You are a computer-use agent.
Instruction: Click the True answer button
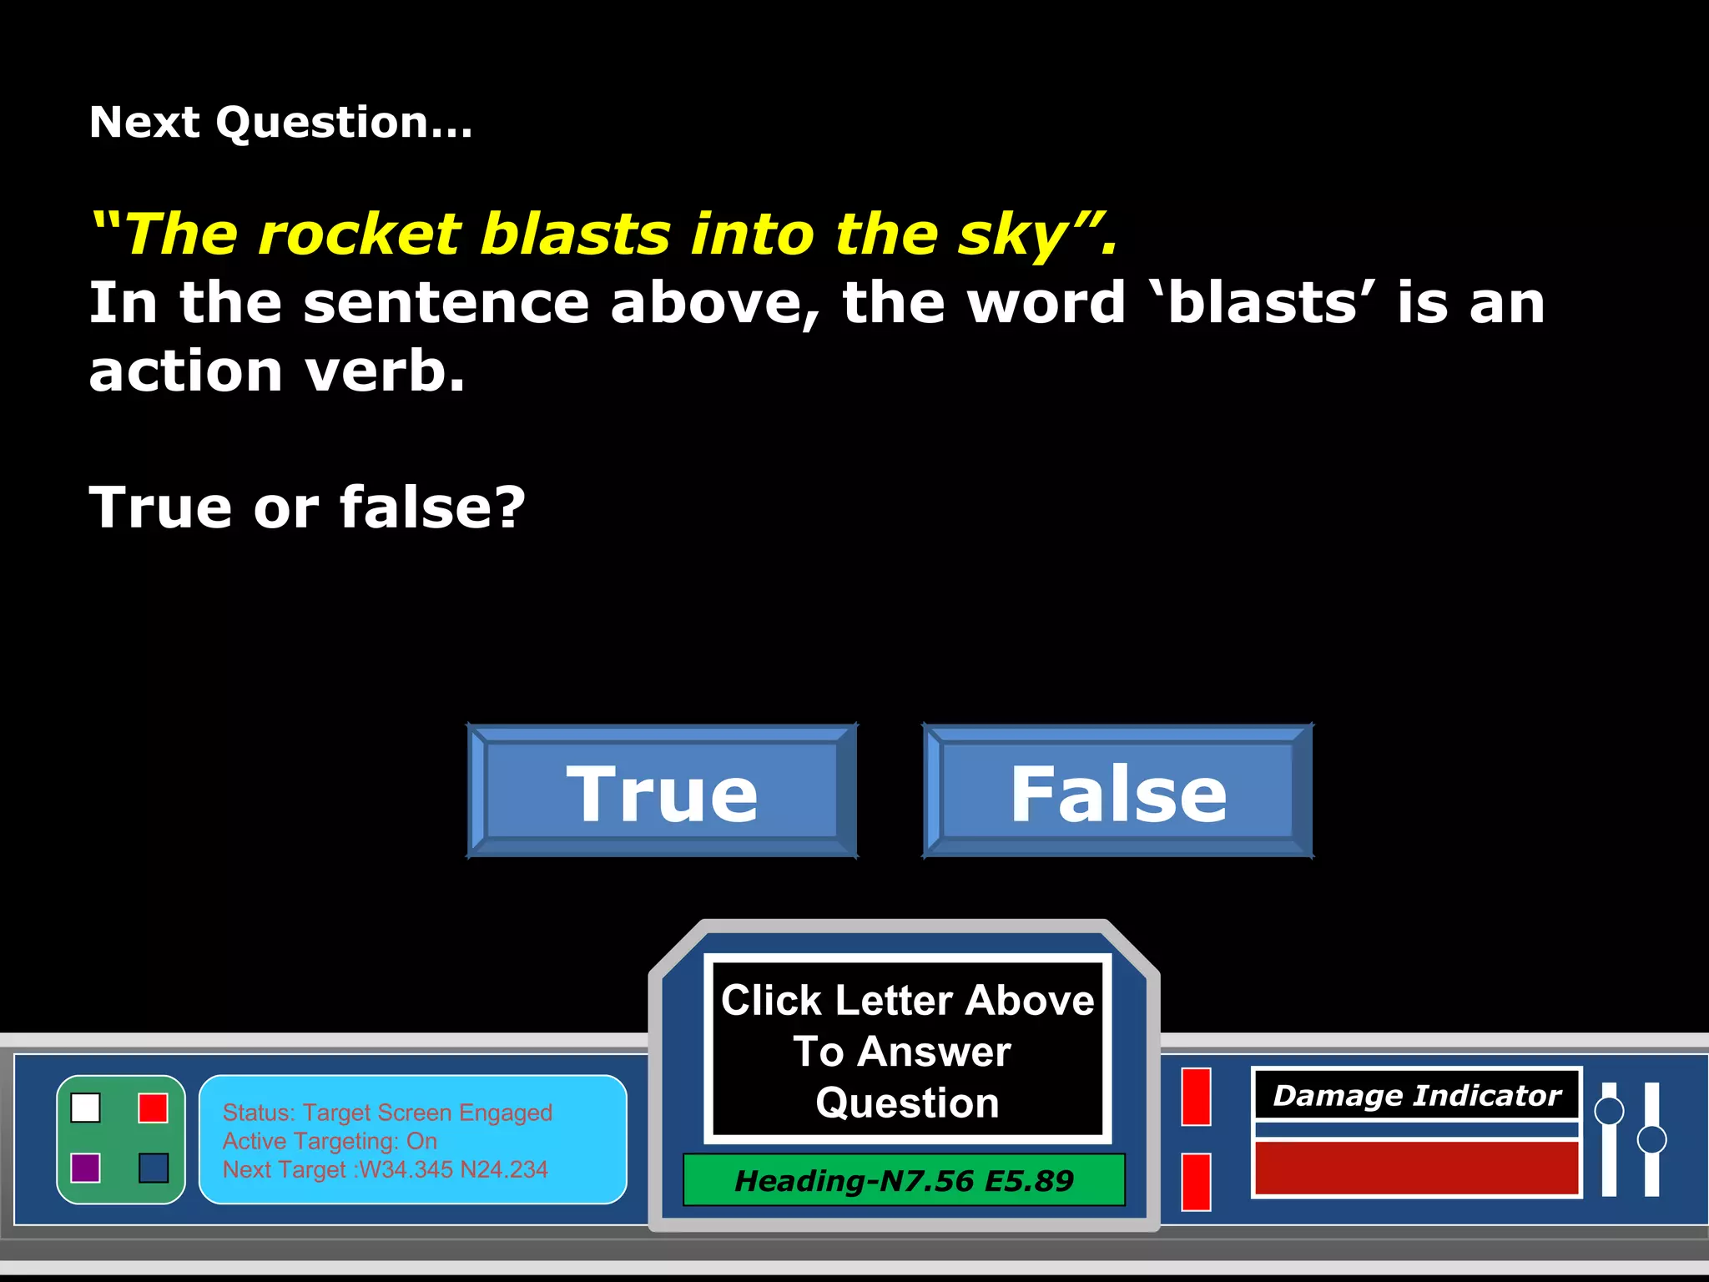(x=662, y=791)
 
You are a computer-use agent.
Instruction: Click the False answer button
(x=1118, y=791)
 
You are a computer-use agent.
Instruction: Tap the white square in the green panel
(x=86, y=1108)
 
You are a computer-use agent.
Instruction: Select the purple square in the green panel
(x=86, y=1168)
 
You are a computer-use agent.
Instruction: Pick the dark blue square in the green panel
(x=154, y=1168)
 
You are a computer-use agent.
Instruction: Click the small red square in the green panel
(x=154, y=1108)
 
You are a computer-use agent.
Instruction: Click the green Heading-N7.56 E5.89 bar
(x=904, y=1180)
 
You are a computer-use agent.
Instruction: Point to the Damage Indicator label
(x=1416, y=1095)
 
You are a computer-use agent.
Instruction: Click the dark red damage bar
(x=1416, y=1168)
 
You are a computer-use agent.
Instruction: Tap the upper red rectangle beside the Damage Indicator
(x=1196, y=1097)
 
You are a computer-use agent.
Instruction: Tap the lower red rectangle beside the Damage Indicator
(x=1196, y=1181)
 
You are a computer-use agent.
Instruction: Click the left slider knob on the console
(x=1609, y=1111)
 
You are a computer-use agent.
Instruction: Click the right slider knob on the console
(x=1651, y=1139)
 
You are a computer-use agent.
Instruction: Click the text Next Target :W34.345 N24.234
(x=385, y=1169)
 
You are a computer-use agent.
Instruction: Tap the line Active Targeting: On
(x=330, y=1141)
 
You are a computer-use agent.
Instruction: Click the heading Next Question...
(x=280, y=123)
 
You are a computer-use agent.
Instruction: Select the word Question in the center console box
(x=907, y=1103)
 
